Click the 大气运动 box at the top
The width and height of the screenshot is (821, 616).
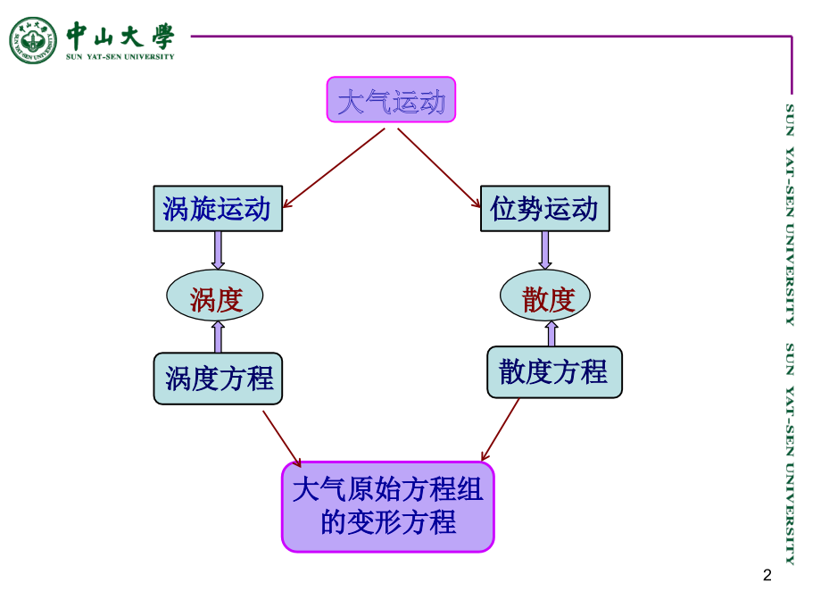point(391,99)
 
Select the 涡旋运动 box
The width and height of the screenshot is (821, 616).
point(218,210)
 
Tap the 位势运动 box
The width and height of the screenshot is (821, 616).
point(544,210)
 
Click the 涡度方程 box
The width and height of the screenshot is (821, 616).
point(219,378)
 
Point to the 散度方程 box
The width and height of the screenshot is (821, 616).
point(554,372)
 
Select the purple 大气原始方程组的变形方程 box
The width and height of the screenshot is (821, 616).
point(388,506)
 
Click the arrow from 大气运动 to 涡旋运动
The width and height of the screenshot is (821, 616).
point(335,166)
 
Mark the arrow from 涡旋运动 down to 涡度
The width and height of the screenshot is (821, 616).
point(218,250)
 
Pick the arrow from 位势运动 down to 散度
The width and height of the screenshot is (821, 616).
point(545,250)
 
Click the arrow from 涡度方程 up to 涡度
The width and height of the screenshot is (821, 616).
point(218,337)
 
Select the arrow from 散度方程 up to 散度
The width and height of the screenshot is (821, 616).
point(551,332)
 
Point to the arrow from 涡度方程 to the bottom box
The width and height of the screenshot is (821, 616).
point(282,437)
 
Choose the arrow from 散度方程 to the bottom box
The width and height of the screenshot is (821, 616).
point(500,430)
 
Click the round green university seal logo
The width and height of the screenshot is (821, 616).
point(33,40)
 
